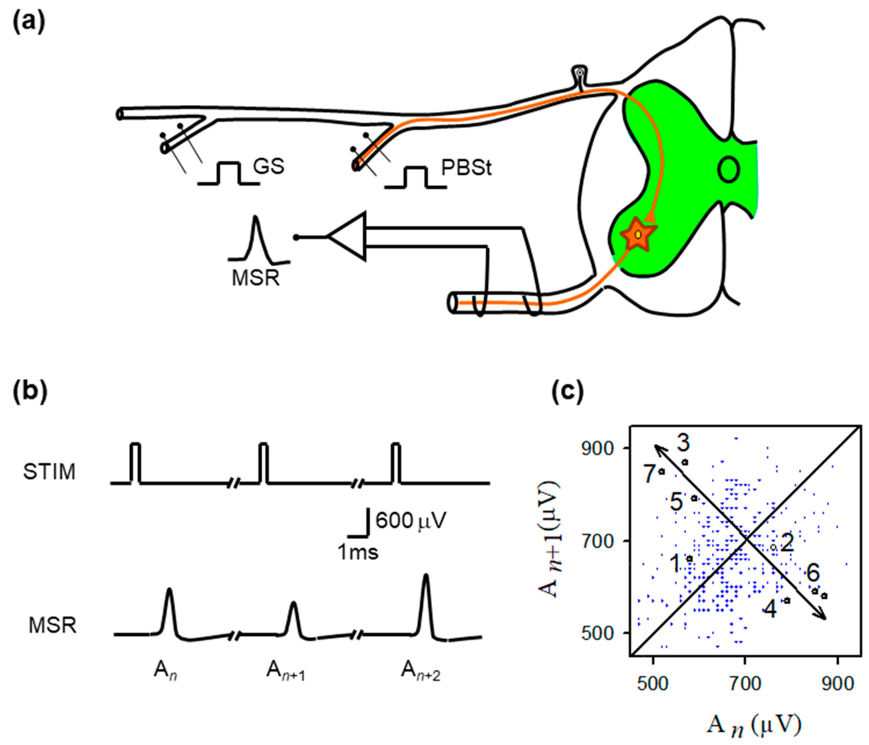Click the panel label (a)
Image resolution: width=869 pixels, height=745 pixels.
point(28,23)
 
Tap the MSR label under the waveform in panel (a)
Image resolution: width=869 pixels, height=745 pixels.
point(255,278)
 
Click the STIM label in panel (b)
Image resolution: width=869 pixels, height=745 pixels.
point(50,472)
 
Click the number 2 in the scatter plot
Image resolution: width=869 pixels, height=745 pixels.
point(787,543)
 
